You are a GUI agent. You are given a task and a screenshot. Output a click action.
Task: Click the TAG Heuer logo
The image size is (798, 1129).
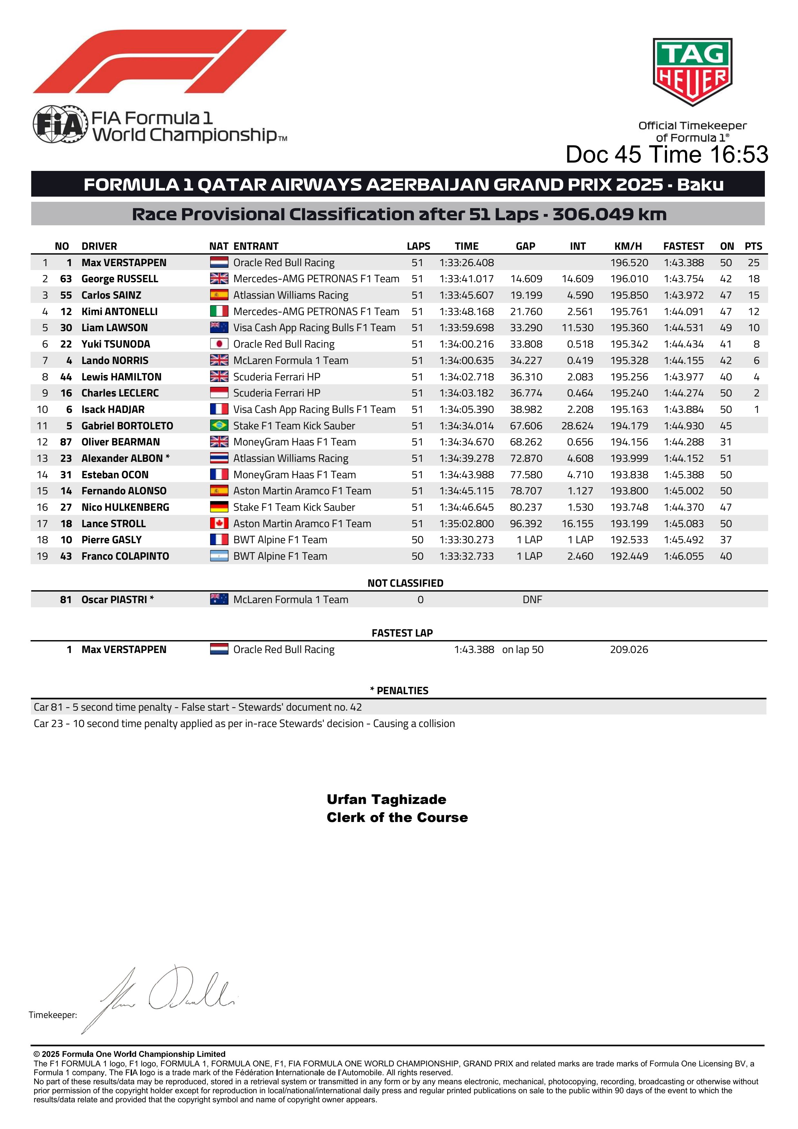[692, 72]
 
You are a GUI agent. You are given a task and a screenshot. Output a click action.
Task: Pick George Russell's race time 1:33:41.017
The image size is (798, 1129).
[466, 279]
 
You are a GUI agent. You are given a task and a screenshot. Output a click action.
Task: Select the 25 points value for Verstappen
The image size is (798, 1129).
[753, 263]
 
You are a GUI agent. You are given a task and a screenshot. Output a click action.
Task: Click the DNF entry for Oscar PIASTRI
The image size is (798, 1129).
[532, 599]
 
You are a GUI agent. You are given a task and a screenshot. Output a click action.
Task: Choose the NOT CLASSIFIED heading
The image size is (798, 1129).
[405, 583]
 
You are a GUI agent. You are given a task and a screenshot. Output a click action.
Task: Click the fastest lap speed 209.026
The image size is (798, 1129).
[629, 649]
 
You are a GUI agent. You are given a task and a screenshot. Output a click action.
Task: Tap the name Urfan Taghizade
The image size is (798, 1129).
[386, 799]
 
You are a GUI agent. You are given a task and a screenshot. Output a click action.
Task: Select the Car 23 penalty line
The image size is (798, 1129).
[244, 723]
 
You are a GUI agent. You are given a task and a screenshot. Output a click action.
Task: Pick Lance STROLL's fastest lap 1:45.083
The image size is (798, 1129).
[683, 524]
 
